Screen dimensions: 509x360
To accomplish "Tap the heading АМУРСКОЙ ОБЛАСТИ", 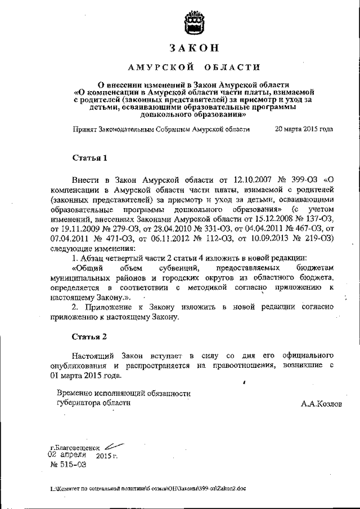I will click(x=193, y=68).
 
